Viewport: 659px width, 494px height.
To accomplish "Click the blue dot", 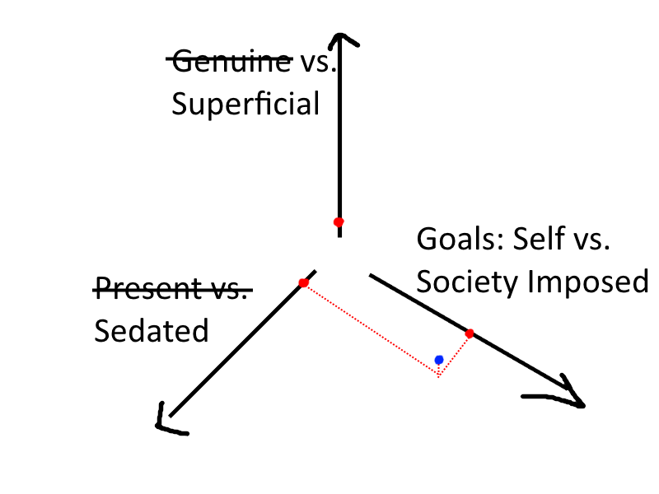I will pos(439,360).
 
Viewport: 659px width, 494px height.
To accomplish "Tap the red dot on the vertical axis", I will pos(338,222).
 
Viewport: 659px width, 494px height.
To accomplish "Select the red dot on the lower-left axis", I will pos(303,283).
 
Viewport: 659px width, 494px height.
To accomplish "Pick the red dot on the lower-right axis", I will pos(470,333).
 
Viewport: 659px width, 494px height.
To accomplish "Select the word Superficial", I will pos(245,105).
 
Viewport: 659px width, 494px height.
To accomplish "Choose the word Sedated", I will pos(151,330).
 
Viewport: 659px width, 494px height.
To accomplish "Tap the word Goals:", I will pos(459,240).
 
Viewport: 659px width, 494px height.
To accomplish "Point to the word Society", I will pos(468,282).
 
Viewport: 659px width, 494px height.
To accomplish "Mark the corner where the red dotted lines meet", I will pos(439,376).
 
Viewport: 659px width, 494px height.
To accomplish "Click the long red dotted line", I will pos(371,329).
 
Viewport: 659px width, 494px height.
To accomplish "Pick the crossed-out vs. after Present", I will pos(227,288).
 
